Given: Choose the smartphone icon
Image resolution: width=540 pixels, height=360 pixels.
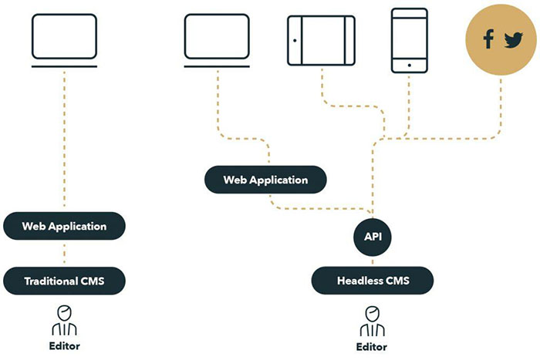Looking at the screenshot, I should point(409,40).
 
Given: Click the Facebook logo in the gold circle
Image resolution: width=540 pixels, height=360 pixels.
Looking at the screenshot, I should point(488,40).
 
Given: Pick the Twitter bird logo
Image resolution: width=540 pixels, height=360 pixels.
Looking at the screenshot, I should point(513,41).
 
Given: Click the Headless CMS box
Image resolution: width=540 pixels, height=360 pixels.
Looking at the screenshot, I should point(373,280).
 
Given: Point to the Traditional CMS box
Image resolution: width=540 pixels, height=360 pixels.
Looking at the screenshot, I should point(64,281).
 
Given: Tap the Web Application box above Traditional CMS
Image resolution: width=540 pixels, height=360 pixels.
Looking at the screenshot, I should point(64,226).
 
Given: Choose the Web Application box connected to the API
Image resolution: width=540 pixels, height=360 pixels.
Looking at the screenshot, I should point(265,180).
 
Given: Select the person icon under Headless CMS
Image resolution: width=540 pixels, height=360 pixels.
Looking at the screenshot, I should point(372,318).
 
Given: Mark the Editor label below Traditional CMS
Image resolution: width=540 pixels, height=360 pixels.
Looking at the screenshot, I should point(64,345).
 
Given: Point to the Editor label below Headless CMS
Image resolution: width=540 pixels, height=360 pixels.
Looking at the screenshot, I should point(372,347).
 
